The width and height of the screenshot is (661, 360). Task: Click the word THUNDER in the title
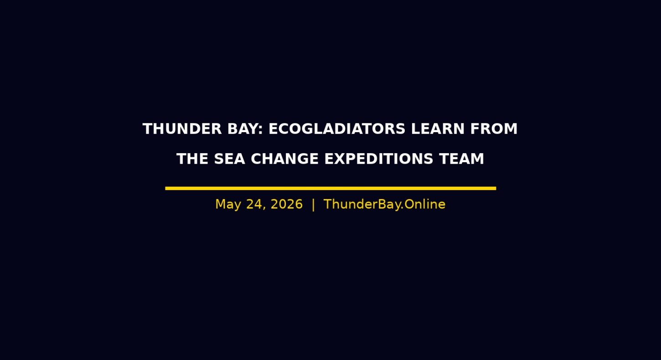tap(182, 129)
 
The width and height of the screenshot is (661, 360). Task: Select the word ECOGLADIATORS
tap(337, 129)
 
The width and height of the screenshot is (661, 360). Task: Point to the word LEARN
tap(438, 129)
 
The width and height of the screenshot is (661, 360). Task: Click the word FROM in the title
tap(494, 129)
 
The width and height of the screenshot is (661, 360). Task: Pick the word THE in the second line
tap(192, 159)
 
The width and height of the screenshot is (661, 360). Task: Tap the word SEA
tap(230, 159)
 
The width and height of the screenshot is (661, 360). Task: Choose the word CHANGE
tap(285, 159)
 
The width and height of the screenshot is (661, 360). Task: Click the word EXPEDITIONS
tap(379, 159)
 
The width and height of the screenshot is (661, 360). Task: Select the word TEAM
tap(461, 159)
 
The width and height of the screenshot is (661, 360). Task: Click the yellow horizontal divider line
tap(330, 188)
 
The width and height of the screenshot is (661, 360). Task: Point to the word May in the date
tap(228, 205)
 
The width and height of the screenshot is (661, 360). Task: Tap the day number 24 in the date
tap(254, 204)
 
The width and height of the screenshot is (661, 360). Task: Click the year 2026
tap(287, 204)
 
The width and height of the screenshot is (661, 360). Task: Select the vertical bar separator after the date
tap(313, 205)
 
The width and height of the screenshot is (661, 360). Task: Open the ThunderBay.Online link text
tap(384, 204)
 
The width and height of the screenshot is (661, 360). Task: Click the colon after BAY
tap(260, 130)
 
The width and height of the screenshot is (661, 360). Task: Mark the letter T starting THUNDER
tap(148, 129)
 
